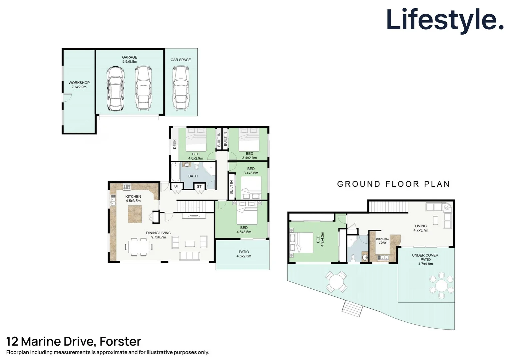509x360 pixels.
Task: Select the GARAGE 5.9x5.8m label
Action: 130,59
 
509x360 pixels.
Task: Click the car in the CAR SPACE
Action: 181,88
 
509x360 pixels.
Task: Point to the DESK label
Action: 175,144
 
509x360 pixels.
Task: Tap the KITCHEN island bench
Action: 135,214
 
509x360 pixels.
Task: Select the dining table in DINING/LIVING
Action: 139,247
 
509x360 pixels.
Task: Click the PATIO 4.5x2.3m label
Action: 244,254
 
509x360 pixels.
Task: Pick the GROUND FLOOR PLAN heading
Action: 393,184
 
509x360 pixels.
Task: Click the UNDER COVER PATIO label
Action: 425,257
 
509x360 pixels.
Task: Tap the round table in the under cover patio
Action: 441,285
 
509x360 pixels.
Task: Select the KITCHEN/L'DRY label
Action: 382,241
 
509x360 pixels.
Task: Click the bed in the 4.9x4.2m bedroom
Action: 301,243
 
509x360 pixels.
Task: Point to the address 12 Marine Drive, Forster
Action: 74,341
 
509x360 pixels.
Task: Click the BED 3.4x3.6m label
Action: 251,171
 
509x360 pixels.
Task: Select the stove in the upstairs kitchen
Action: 127,187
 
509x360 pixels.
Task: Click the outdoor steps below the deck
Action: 352,308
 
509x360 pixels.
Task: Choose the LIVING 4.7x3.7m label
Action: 421,228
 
